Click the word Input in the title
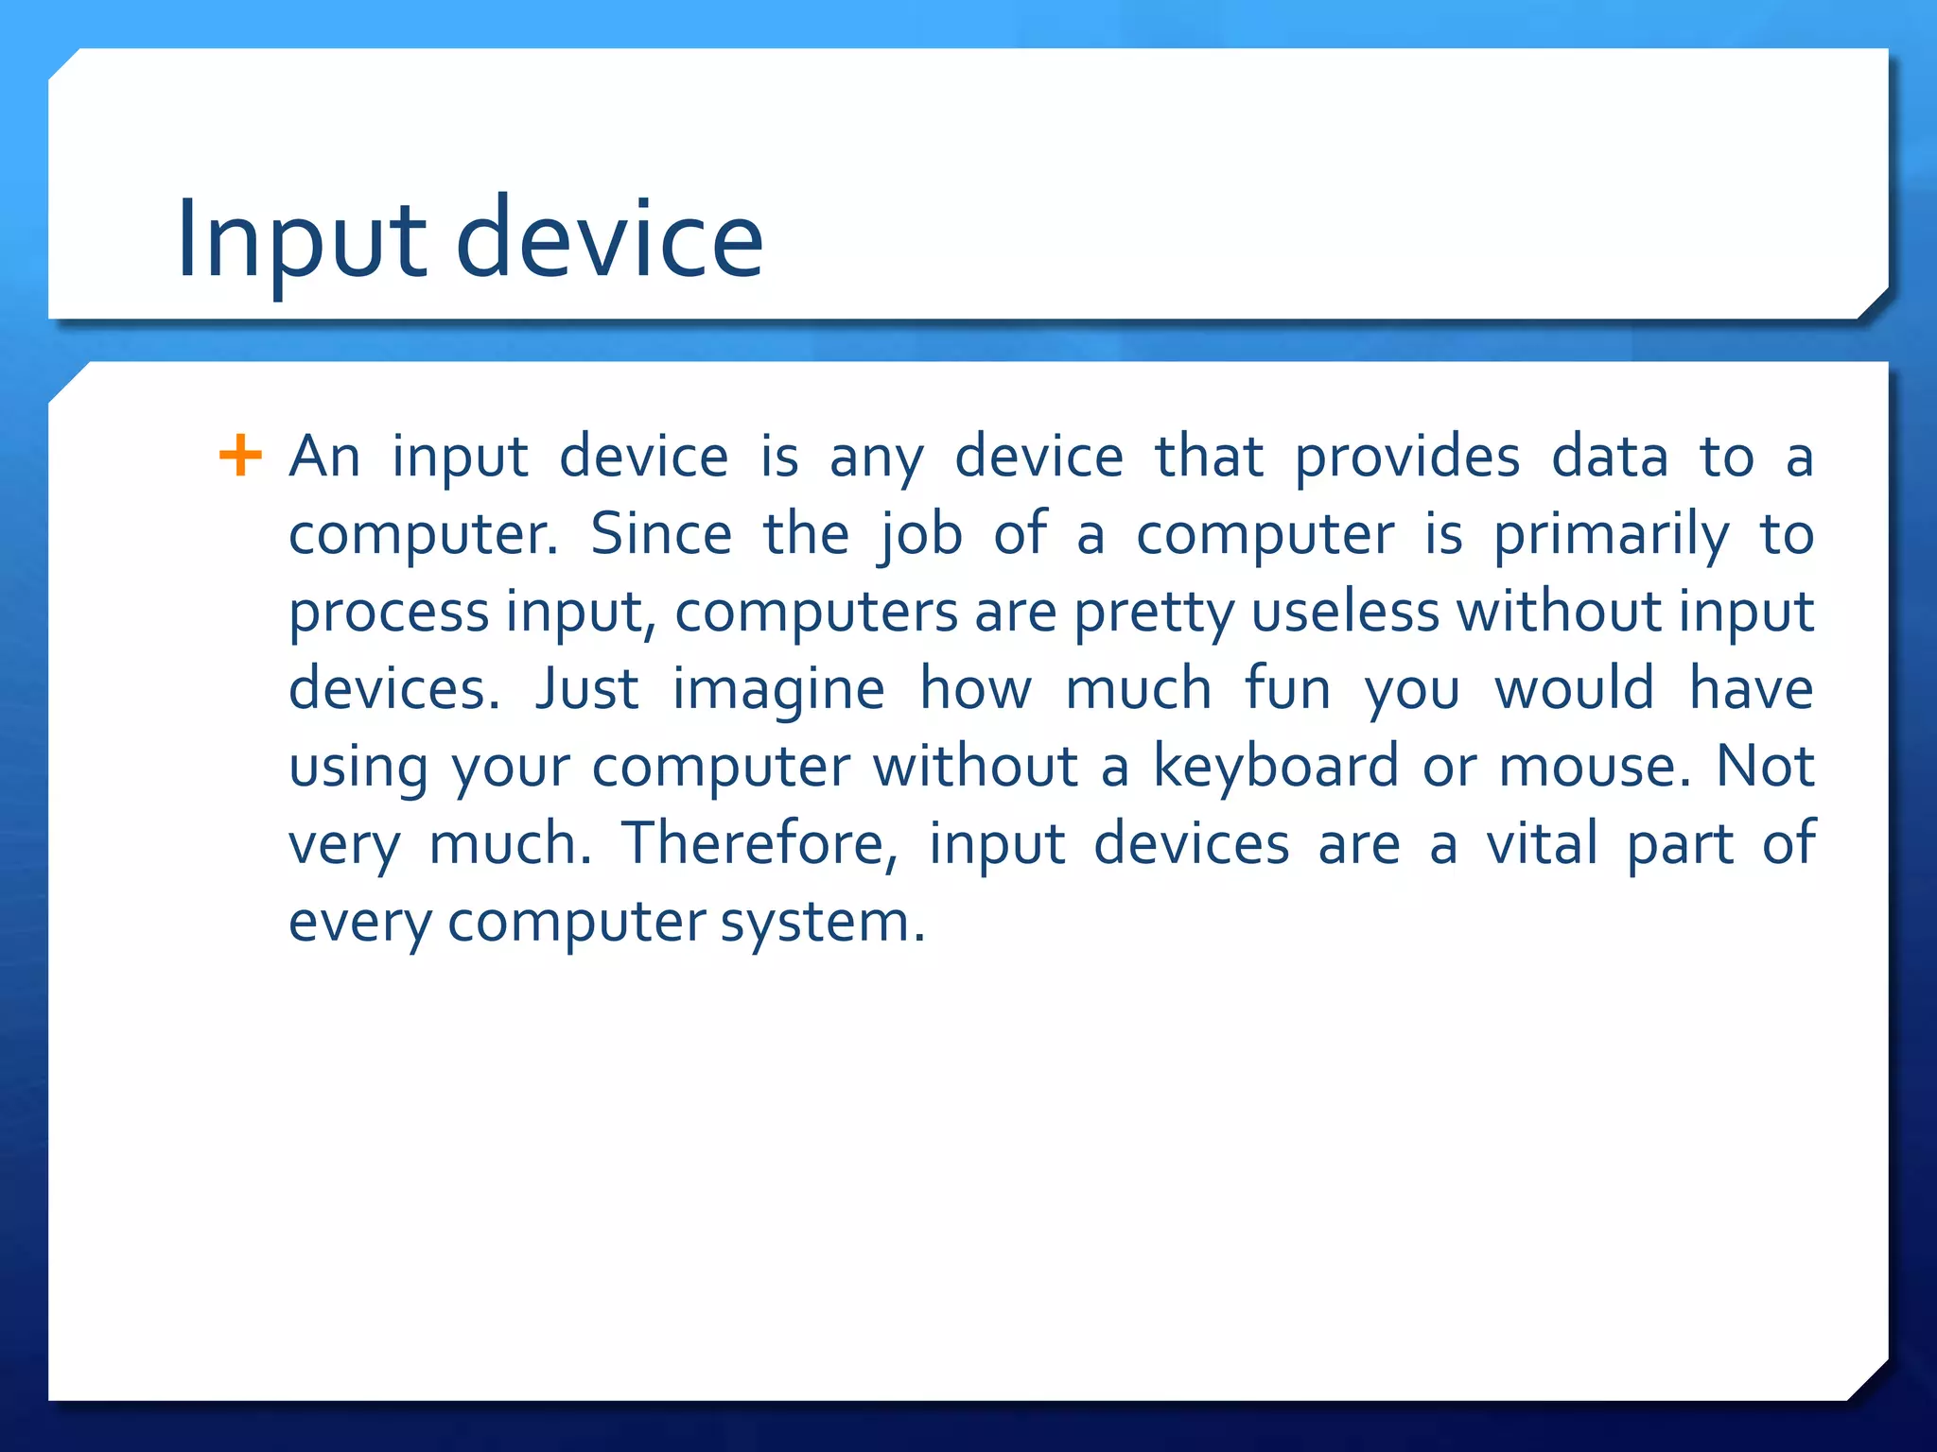pyautogui.click(x=301, y=240)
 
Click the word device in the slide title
pyautogui.click(x=609, y=238)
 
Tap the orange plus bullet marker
pyautogui.click(x=240, y=456)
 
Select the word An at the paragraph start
pyautogui.click(x=324, y=458)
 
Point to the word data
pyautogui.click(x=1610, y=458)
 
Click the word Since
pyautogui.click(x=661, y=535)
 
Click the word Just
pyautogui.click(x=586, y=690)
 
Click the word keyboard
pyautogui.click(x=1274, y=768)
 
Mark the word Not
pyautogui.click(x=1765, y=768)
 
